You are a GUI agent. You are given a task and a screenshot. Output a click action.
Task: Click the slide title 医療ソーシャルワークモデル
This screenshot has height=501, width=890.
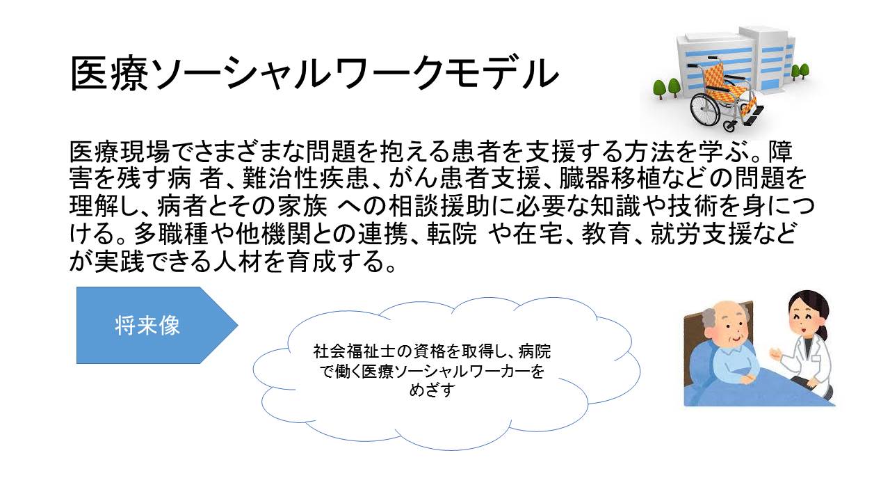click(314, 74)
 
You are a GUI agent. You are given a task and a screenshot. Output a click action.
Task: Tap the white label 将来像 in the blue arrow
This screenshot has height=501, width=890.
click(147, 326)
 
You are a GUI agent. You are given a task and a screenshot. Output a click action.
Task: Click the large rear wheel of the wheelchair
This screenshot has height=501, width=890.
click(705, 108)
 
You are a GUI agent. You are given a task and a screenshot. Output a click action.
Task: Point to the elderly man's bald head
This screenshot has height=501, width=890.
click(728, 314)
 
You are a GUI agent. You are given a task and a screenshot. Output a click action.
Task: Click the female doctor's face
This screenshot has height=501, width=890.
click(804, 319)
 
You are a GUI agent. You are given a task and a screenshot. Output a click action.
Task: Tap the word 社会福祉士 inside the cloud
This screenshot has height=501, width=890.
click(355, 351)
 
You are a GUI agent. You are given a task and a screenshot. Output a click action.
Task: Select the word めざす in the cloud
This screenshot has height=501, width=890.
click(432, 390)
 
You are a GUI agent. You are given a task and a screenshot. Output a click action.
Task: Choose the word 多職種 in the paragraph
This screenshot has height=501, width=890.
click(171, 234)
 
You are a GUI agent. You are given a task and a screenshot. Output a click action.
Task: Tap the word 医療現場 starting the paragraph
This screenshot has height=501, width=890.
click(120, 152)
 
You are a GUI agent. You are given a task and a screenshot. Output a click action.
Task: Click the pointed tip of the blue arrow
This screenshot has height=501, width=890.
click(238, 325)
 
